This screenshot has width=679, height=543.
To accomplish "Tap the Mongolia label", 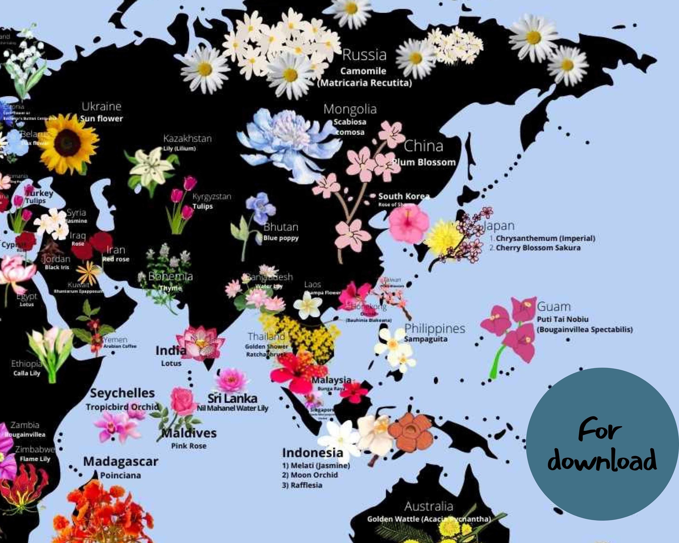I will pyautogui.click(x=350, y=109).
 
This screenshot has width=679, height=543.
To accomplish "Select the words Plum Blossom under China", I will pyautogui.click(x=424, y=162).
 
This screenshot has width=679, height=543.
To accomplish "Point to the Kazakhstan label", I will pyautogui.click(x=187, y=138).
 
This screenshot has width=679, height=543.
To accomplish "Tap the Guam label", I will pyautogui.click(x=554, y=307).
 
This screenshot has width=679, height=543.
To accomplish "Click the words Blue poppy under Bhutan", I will pyautogui.click(x=281, y=238).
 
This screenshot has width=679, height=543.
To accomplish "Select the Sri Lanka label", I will pyautogui.click(x=232, y=398).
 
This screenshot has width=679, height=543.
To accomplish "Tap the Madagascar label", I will pyautogui.click(x=121, y=462).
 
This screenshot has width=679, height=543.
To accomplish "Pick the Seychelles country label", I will pyautogui.click(x=122, y=393).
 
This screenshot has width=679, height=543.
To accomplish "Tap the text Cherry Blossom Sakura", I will pyautogui.click(x=538, y=248).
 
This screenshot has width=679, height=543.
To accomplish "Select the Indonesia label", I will pyautogui.click(x=312, y=453).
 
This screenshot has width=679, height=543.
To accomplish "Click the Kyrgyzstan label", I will pyautogui.click(x=212, y=196).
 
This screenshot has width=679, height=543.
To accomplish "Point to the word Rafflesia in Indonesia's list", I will pyautogui.click(x=306, y=485).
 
